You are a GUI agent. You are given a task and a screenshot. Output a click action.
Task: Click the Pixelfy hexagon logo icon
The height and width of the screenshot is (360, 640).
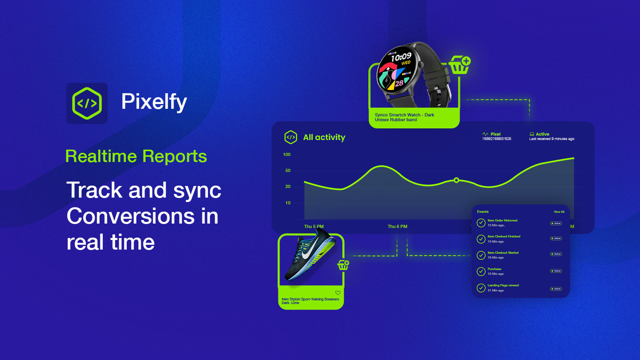(x=87, y=103)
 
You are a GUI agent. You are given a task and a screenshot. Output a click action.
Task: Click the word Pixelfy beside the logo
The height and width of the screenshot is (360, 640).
(x=154, y=102)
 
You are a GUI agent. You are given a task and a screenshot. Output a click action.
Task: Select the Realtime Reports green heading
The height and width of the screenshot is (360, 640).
(x=136, y=156)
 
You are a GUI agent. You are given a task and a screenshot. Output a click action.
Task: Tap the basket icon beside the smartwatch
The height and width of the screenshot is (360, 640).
(x=459, y=65)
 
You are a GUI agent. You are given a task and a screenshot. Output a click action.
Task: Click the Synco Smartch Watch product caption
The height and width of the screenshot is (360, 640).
(x=404, y=117)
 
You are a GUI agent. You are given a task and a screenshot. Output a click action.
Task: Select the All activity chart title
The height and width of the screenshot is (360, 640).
(x=324, y=137)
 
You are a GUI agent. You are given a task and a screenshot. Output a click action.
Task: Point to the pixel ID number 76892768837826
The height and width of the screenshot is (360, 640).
(x=496, y=139)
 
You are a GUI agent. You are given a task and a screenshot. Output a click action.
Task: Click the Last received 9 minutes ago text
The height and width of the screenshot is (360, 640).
(x=551, y=139)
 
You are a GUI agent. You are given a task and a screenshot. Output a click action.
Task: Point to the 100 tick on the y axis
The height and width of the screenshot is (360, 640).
(x=286, y=154)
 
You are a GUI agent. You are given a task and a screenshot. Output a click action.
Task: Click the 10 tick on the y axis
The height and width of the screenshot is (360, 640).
(x=287, y=203)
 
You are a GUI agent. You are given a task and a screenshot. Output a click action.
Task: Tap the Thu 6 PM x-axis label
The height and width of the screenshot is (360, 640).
(x=397, y=226)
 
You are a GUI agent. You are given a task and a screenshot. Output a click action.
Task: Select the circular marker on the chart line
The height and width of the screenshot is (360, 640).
(x=456, y=180)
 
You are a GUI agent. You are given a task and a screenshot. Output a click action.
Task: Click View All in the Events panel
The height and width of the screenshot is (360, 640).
(x=558, y=212)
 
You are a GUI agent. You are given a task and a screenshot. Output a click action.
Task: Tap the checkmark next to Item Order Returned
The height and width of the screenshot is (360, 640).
(x=481, y=222)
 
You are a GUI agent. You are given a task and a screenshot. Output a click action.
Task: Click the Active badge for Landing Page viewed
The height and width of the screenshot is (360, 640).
(x=556, y=288)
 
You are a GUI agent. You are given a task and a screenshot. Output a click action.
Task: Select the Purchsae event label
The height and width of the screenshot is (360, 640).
(x=494, y=269)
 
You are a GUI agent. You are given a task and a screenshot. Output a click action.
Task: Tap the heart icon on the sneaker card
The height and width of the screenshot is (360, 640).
(x=337, y=293)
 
